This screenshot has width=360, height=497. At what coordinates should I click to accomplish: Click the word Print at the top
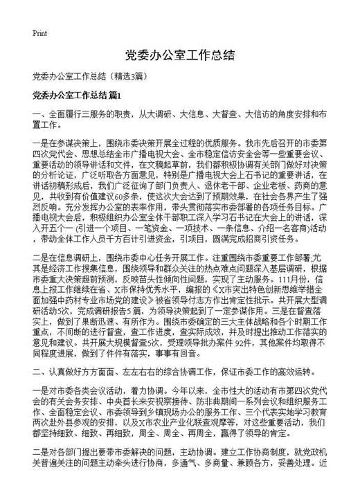[x=40, y=33]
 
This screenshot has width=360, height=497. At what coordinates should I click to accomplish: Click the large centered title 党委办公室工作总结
[x=179, y=55]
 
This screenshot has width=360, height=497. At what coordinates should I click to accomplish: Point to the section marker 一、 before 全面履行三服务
[x=39, y=113]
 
